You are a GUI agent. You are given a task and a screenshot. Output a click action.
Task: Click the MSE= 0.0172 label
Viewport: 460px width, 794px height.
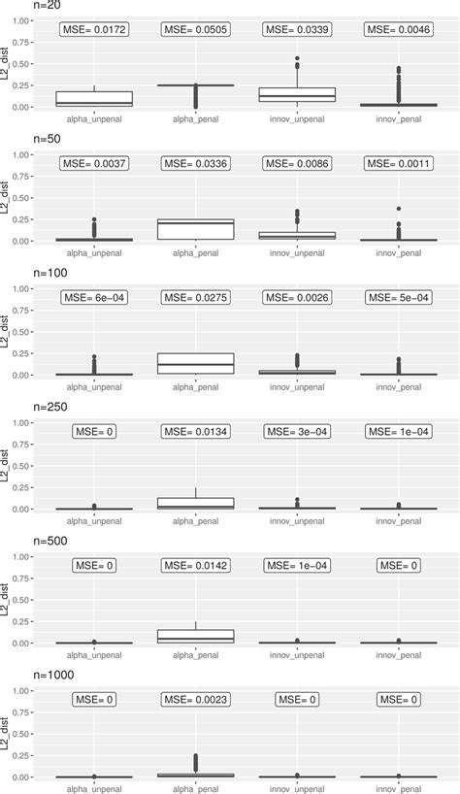[94, 30]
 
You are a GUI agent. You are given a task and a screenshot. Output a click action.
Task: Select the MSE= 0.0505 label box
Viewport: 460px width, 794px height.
[195, 30]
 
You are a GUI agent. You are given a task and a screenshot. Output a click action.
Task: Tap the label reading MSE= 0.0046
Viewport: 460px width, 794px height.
[398, 30]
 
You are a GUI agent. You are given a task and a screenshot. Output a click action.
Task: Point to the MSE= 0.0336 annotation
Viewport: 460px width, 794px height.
[195, 164]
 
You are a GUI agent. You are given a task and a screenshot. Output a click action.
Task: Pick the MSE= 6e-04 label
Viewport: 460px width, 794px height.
[94, 297]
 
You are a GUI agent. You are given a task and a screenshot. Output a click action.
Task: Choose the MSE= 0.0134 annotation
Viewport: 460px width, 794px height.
[195, 431]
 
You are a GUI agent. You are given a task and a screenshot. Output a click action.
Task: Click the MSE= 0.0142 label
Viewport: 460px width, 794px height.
[195, 565]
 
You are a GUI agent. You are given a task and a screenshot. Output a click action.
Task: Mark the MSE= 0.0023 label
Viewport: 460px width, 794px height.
[195, 699]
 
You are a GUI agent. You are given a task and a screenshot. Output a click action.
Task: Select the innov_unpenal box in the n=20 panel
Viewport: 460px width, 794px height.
[297, 94]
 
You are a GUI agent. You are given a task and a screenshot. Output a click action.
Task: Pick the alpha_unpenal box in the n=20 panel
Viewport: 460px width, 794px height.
[94, 98]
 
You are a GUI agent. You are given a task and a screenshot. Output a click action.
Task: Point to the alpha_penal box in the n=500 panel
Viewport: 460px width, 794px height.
[195, 635]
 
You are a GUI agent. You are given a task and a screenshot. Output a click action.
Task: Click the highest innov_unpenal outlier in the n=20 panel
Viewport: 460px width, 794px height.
[297, 58]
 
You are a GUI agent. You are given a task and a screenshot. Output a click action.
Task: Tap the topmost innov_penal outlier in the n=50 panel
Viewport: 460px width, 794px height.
[398, 209]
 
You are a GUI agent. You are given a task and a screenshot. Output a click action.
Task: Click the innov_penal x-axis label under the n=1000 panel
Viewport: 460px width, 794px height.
[398, 788]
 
